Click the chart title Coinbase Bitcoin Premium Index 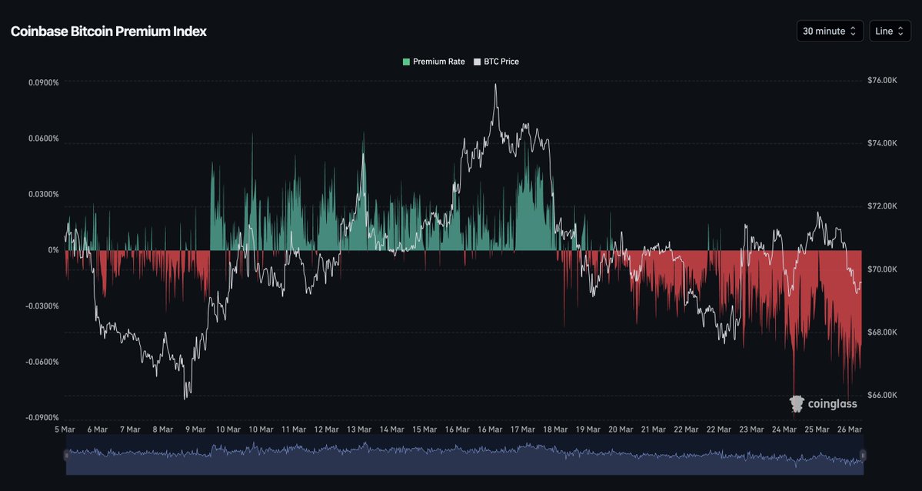108,32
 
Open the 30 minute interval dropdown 829,31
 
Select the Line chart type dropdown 890,31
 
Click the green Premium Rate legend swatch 406,62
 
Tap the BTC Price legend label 501,62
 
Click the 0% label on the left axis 53,250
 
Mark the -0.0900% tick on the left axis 42,418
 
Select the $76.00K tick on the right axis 882,81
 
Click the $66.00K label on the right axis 882,395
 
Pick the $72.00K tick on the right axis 882,206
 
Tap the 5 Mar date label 65,429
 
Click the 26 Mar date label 850,429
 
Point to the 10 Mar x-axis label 228,429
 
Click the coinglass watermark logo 823,403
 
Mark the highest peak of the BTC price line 496,84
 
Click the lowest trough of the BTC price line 185,399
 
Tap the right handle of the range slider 862,456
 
